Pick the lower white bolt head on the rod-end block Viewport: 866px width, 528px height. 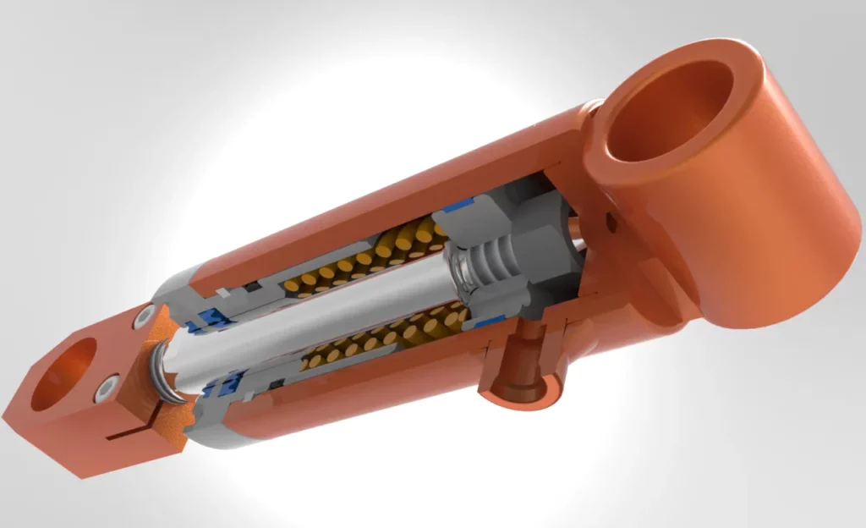(x=106, y=390)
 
